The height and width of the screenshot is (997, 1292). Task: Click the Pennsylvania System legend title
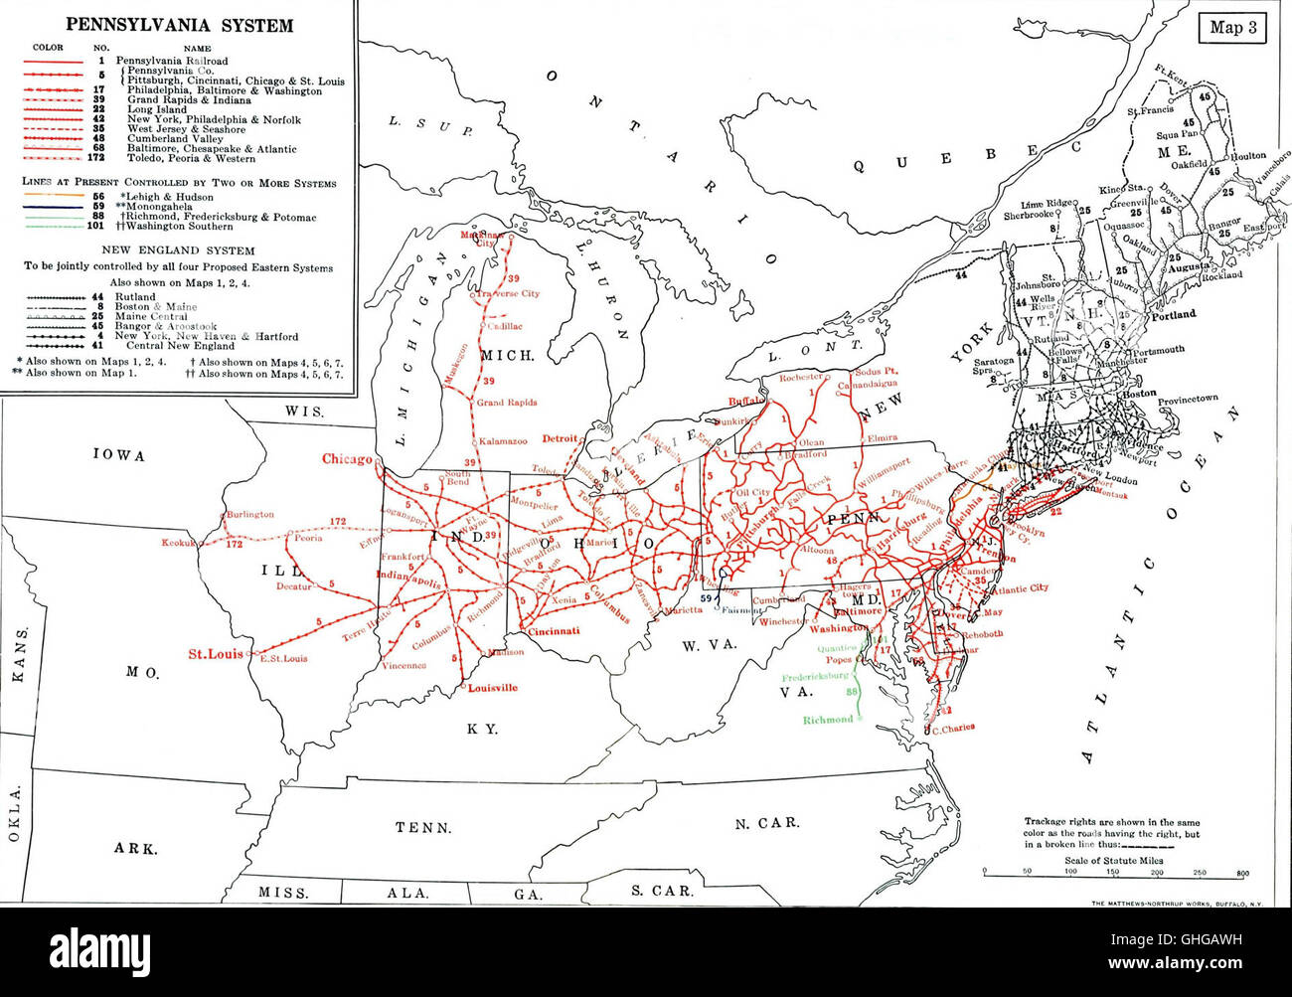tap(180, 26)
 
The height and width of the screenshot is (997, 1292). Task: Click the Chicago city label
tap(347, 459)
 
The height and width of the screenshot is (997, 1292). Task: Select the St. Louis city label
tap(216, 654)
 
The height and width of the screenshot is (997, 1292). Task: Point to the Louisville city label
tap(492, 688)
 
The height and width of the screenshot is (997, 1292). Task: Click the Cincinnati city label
tap(555, 631)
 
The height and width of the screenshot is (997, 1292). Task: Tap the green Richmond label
tap(828, 720)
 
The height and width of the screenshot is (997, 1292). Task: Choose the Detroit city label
tap(560, 438)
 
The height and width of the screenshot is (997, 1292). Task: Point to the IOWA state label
tap(119, 455)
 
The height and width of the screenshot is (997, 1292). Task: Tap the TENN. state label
tap(423, 827)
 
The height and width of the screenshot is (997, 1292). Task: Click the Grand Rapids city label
tap(506, 403)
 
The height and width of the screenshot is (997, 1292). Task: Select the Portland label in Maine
tap(1173, 314)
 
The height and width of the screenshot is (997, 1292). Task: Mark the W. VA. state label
tap(708, 645)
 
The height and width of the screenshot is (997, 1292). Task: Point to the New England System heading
tap(180, 250)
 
